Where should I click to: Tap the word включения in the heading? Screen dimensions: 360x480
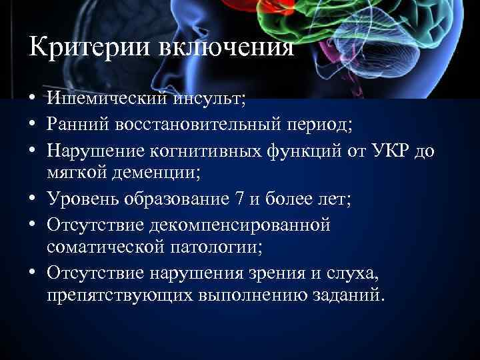(x=221, y=47)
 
